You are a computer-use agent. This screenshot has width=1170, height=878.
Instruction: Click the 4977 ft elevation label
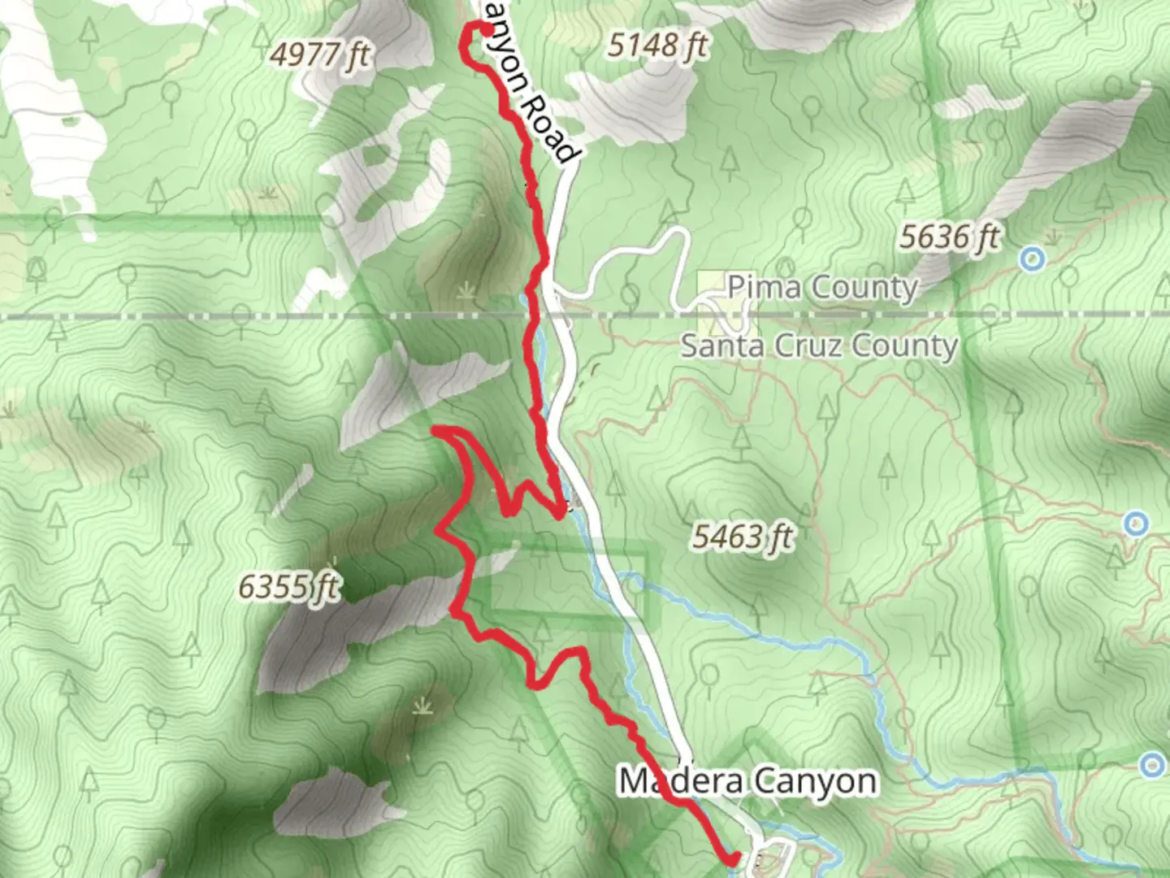point(319,55)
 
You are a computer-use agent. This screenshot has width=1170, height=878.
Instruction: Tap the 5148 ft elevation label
point(657,45)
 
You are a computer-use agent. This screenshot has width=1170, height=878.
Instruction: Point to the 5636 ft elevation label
point(948,237)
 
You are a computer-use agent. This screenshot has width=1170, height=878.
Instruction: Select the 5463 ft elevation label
point(743,537)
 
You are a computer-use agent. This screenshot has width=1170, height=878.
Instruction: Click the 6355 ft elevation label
point(288,586)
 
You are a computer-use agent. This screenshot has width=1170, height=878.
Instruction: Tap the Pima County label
point(822,287)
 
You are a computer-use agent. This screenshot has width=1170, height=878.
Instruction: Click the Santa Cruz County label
point(819,346)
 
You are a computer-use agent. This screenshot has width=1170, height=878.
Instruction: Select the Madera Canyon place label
point(747,781)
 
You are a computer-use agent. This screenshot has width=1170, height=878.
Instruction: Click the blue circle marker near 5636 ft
point(1032,259)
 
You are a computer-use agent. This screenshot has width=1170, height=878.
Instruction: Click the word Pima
point(764,287)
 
